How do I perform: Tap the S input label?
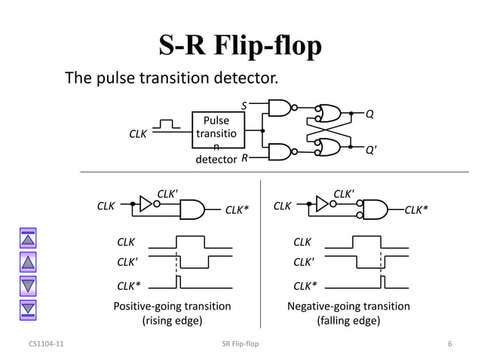244,106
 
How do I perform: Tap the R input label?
244,158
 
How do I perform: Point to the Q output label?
369,114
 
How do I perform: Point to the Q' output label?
371,149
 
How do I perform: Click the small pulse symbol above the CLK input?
170,123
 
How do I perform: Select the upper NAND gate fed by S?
280,108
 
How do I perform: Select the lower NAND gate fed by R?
280,151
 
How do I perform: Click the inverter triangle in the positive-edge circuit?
146,203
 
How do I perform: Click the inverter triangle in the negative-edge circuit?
322,203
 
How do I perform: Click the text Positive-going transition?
172,307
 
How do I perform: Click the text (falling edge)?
348,321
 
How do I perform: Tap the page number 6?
449,344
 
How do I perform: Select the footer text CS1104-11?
46,344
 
